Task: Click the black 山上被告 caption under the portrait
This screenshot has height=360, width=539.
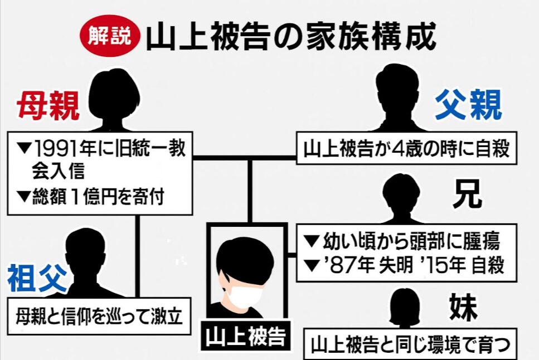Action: tap(245, 336)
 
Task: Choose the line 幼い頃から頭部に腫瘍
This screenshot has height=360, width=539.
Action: tap(404, 241)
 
